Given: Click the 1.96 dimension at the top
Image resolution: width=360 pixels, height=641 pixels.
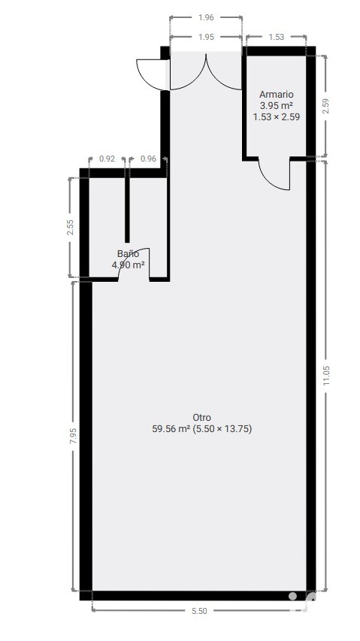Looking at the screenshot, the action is point(206,17).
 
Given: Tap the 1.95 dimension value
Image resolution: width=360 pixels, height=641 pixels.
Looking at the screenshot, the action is point(206,37).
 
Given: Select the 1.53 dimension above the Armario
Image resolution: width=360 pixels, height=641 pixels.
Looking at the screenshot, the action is point(277,37).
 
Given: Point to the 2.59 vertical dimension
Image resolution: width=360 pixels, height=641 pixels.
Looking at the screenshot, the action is point(325,106).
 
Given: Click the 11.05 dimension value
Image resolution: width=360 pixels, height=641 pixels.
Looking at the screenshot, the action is point(325,375).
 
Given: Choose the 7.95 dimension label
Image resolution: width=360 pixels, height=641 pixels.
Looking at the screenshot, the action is point(73,436).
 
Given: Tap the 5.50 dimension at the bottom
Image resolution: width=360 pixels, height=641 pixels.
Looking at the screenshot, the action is point(199,611).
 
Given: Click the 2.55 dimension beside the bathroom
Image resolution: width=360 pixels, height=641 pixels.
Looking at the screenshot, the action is point(71,227).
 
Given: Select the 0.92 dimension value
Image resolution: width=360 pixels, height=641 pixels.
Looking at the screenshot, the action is point(107,159).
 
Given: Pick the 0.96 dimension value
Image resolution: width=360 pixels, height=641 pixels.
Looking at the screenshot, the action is point(148,159).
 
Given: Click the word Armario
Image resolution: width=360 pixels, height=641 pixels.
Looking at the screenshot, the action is point(277,95).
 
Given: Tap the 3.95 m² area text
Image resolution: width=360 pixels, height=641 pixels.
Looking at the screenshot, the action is point(277,105).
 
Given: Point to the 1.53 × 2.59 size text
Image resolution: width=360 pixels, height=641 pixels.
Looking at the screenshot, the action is point(277,117).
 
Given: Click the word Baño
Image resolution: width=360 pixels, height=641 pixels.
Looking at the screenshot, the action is point(128,254).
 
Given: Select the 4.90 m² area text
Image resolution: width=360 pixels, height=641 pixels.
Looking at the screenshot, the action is point(129,265).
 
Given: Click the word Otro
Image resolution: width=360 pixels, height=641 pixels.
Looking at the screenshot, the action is point(202,417).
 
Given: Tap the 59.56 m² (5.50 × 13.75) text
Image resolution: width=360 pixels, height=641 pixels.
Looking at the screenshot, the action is point(202,429).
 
